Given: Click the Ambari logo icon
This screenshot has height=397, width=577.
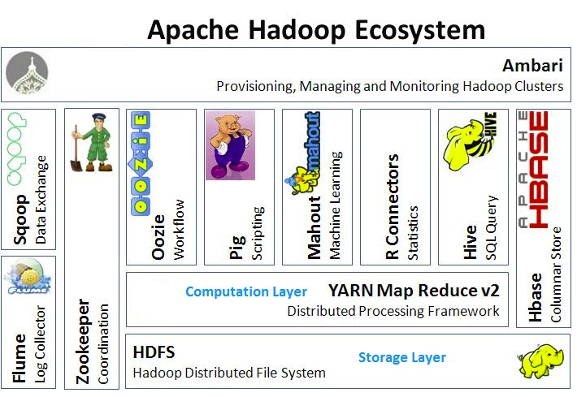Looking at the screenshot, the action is click(28, 74).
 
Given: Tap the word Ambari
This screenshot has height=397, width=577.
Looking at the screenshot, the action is click(533, 65).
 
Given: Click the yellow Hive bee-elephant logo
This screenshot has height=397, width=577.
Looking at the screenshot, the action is click(469, 146).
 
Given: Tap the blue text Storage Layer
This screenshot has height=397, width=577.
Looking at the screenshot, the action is click(401, 357).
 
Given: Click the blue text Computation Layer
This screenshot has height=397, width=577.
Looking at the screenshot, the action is click(246, 291).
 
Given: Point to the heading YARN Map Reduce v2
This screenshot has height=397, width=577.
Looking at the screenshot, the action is click(413, 291).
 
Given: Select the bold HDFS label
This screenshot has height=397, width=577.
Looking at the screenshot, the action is click(153, 353).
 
